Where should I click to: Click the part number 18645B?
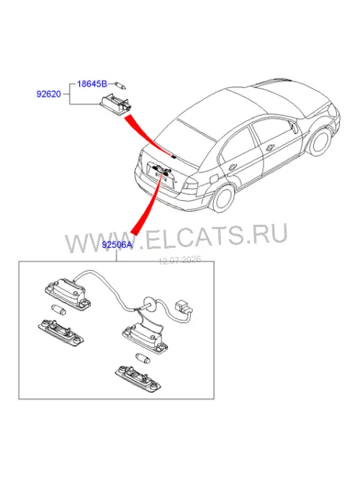[92, 84]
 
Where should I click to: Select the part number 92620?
[49, 94]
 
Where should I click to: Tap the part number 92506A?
[117, 244]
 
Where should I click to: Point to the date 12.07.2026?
[180, 260]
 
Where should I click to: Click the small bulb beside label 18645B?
[120, 85]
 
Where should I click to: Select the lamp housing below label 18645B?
[117, 104]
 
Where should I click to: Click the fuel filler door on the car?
[213, 179]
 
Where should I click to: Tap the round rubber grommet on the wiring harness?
[150, 304]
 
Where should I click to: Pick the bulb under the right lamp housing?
[143, 358]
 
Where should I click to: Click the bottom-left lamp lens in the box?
[61, 333]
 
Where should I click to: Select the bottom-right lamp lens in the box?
[138, 378]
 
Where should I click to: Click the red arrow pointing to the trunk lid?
[148, 135]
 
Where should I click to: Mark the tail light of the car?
[190, 186]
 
